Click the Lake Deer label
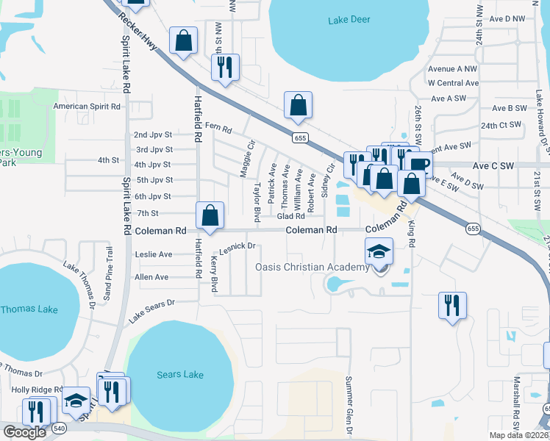click(x=349, y=19)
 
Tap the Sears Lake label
click(x=180, y=375)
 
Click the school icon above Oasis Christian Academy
click(x=379, y=252)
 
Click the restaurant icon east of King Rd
click(x=451, y=305)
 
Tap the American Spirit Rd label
click(x=87, y=107)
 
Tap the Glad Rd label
click(x=290, y=216)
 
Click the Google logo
click(x=24, y=432)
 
